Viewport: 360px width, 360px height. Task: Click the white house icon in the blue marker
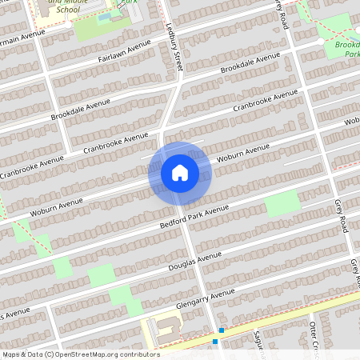(180, 172)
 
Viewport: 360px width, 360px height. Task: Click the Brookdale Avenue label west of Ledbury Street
(80, 111)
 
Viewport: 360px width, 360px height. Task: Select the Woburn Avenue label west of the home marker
(58, 203)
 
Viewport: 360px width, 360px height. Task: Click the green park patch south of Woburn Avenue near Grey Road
(282, 204)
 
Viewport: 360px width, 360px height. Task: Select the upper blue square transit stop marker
(221, 330)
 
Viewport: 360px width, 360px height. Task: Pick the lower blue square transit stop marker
(215, 342)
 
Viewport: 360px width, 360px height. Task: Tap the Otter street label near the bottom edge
(314, 336)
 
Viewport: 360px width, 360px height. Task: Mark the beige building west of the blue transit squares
(164, 328)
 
